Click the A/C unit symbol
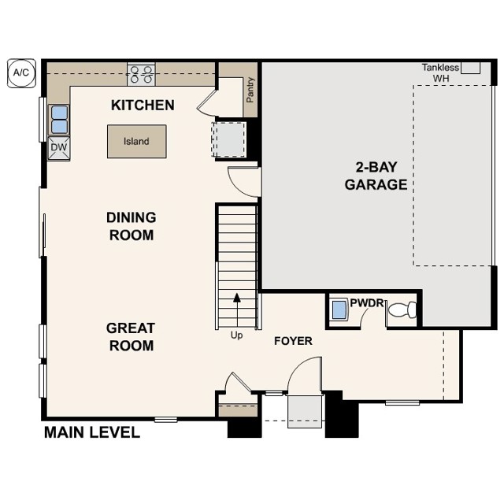click(x=21, y=73)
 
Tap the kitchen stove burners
click(x=141, y=74)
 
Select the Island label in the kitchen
click(x=136, y=142)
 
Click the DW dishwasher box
click(x=59, y=148)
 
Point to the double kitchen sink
click(x=60, y=120)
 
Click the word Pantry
click(x=250, y=90)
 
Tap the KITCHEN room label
click(x=143, y=106)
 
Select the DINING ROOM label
click(x=132, y=226)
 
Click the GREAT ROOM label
click(x=131, y=337)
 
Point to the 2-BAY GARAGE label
click(x=376, y=176)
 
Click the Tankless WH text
click(x=440, y=72)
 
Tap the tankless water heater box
click(x=471, y=68)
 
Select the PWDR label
click(x=367, y=302)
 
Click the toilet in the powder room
click(x=402, y=309)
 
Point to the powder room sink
click(x=339, y=309)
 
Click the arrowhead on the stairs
click(x=237, y=298)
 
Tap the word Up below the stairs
click(x=236, y=335)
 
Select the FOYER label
click(x=293, y=341)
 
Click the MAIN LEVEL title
click(x=92, y=432)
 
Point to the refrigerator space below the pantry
click(x=229, y=139)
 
